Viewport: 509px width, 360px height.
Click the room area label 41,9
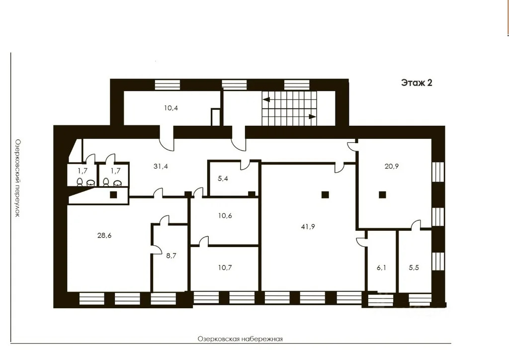[308, 227]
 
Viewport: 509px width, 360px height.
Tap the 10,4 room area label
[171, 108]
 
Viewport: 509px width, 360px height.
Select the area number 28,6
[104, 235]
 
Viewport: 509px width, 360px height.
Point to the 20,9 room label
[392, 166]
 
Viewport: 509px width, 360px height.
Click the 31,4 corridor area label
[161, 166]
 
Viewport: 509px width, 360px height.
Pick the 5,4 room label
[223, 179]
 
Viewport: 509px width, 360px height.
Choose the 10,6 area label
[225, 215]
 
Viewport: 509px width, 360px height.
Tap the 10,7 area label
[225, 268]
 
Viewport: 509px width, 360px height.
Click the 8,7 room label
[171, 256]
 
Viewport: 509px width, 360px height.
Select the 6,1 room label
[381, 268]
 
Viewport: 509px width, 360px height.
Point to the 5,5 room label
[414, 268]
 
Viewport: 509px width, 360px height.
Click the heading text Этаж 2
[417, 83]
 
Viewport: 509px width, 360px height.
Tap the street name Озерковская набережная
[240, 339]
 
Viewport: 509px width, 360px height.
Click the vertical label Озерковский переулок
[17, 178]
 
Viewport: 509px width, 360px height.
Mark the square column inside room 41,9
[325, 195]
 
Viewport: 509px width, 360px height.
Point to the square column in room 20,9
[382, 195]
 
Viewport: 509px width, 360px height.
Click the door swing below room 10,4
[167, 144]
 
